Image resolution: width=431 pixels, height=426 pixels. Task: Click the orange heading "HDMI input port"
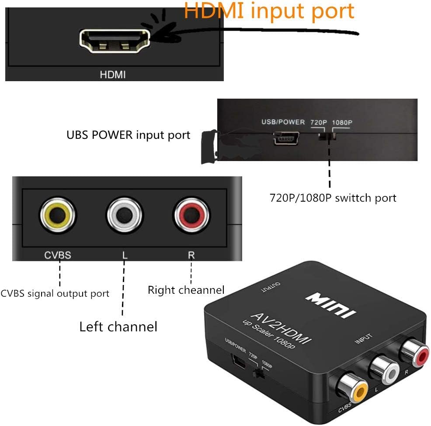click(269, 11)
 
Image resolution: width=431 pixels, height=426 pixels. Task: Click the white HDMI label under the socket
click(113, 75)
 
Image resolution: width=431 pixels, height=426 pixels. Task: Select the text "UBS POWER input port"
click(128, 135)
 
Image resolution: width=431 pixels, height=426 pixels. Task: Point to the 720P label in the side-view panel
click(318, 122)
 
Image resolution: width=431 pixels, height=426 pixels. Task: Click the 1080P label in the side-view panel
click(341, 122)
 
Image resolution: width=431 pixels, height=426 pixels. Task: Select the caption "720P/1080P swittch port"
click(333, 198)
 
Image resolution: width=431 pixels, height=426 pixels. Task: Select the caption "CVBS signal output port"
click(55, 293)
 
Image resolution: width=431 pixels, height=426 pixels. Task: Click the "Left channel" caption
click(118, 326)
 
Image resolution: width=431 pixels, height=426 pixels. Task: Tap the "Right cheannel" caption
click(186, 289)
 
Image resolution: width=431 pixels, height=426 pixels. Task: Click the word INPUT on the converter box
click(363, 339)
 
